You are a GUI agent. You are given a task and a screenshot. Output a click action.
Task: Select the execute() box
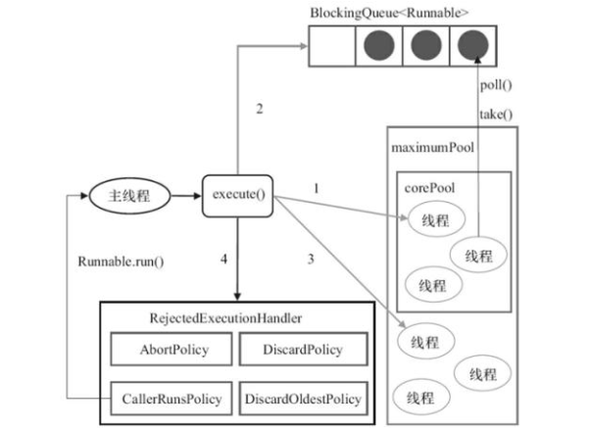pos(236,194)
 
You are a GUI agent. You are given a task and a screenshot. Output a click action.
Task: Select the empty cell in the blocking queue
pos(332,46)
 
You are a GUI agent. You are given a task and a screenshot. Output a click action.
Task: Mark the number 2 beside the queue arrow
pos(260,109)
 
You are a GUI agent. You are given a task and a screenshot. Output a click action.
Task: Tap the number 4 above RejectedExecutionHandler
pos(223,261)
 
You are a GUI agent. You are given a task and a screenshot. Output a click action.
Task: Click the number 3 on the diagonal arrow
pos(311,261)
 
